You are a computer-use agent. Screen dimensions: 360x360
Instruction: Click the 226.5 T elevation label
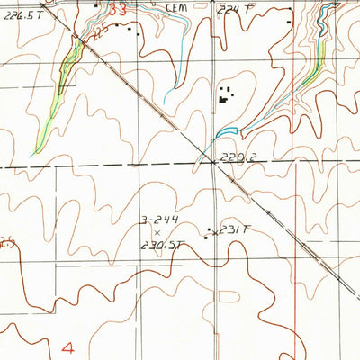[x=22, y=15]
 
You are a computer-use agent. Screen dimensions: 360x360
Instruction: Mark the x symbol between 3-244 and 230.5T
[x=157, y=232]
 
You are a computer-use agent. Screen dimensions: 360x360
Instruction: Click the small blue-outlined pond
[x=227, y=132]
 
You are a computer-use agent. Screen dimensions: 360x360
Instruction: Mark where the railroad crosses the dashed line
[x=213, y=163]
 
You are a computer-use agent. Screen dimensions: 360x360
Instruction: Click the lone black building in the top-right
[x=288, y=21]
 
